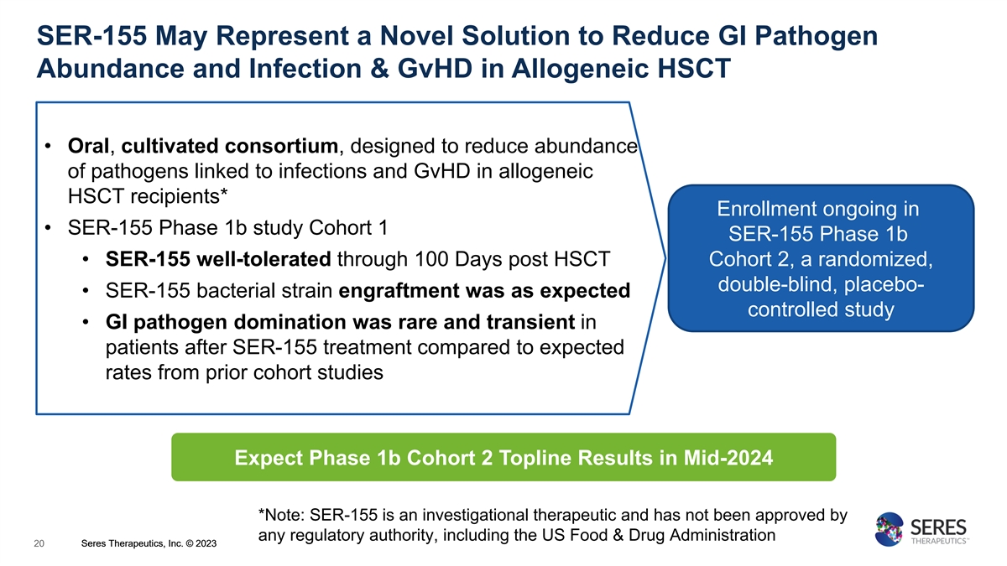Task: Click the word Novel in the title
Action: coord(416,35)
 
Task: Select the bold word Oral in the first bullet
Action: coord(88,146)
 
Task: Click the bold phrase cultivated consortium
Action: coord(230,146)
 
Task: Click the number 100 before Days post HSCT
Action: coord(430,259)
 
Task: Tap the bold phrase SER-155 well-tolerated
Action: coord(218,259)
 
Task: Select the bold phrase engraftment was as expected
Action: coord(484,291)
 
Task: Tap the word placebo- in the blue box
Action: coord(884,285)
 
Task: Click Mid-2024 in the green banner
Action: coord(728,458)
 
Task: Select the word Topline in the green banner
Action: coord(534,458)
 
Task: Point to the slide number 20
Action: coord(39,543)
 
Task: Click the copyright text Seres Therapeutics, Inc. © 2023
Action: coord(149,543)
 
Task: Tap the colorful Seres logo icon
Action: coord(889,529)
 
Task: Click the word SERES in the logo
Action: coord(938,527)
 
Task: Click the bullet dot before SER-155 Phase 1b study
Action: coord(48,228)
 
